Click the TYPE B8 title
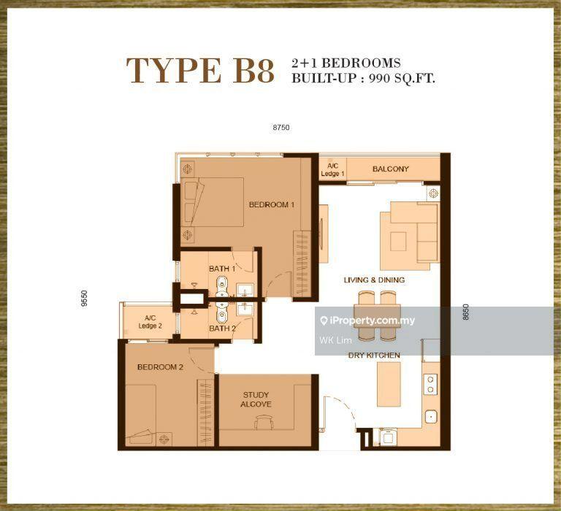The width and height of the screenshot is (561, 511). click(x=200, y=71)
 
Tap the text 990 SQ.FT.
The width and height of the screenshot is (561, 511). click(x=402, y=78)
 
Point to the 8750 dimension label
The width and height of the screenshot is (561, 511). click(x=281, y=127)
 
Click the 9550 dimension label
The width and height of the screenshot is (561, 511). click(x=84, y=299)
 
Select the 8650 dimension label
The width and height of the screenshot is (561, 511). click(x=465, y=312)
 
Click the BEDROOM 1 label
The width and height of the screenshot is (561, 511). click(x=272, y=204)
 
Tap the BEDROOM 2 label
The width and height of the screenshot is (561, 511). click(x=160, y=367)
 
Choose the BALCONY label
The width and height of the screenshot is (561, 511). click(x=390, y=169)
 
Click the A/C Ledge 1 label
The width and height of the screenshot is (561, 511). click(x=332, y=169)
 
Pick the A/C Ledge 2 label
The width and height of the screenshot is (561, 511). click(x=150, y=322)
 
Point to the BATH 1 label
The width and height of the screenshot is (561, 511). click(x=222, y=269)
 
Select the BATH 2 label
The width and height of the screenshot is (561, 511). click(x=222, y=328)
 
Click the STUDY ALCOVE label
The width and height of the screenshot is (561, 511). click(x=256, y=399)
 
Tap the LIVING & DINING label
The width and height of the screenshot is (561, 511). click(x=374, y=280)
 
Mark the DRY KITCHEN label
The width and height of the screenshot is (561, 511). click(x=374, y=355)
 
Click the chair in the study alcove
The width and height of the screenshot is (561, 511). click(x=264, y=422)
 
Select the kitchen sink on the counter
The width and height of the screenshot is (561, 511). click(x=431, y=417)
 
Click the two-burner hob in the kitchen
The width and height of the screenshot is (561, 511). click(x=431, y=384)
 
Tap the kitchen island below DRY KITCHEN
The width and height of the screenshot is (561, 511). click(x=389, y=385)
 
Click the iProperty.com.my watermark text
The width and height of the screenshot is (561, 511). click(x=368, y=320)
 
